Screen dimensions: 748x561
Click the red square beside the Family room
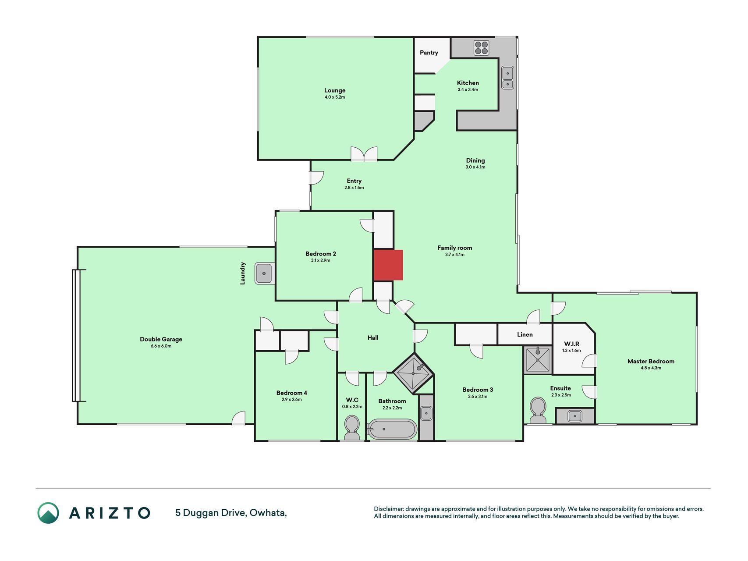[x=388, y=265]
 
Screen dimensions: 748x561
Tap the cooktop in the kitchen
[x=481, y=48]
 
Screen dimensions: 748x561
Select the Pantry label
[x=429, y=53]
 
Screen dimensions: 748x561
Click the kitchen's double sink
[x=507, y=78]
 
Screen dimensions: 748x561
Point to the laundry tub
[x=265, y=273]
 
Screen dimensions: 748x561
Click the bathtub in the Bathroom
[x=392, y=430]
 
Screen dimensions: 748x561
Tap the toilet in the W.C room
[x=351, y=428]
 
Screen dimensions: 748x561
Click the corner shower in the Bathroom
[x=413, y=373]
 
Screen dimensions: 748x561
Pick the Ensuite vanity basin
[x=574, y=415]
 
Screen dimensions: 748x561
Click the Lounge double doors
[x=364, y=154]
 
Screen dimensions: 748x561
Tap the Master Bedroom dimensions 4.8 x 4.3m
[x=651, y=368]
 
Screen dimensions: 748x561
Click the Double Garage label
[x=161, y=339]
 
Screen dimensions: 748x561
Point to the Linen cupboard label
[x=525, y=334]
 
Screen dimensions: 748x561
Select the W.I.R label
[x=571, y=344]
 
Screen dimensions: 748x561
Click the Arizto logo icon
[x=48, y=513]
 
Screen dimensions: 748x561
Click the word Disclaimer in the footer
[x=388, y=509]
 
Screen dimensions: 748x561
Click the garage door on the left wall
[x=77, y=336]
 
